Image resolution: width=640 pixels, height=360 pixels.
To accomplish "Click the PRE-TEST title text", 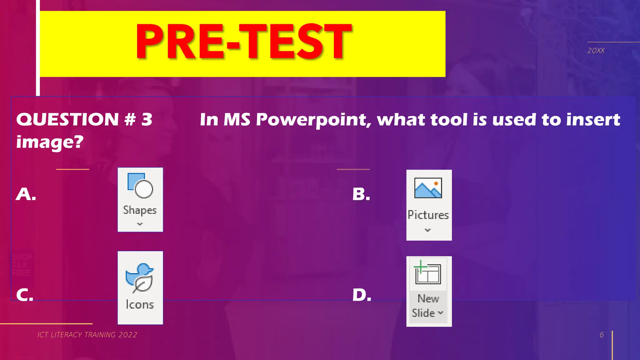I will [244, 42].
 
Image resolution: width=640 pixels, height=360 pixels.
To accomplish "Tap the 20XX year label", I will [596, 51].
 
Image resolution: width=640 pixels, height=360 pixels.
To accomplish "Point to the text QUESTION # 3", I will [84, 119].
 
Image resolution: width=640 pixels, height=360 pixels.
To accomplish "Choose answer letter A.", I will [26, 194].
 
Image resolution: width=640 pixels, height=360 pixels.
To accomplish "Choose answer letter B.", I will [361, 194].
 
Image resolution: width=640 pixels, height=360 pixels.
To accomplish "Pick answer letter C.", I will [25, 295].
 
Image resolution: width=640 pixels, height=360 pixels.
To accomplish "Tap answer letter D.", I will [362, 295].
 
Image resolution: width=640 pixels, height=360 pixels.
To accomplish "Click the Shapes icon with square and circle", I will [140, 186].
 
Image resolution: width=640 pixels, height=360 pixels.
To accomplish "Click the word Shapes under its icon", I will [140, 210].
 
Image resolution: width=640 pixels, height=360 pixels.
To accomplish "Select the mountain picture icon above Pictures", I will [428, 188].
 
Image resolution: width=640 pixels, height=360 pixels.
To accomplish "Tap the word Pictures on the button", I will [428, 215].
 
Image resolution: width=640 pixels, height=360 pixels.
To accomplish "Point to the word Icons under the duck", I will [140, 305].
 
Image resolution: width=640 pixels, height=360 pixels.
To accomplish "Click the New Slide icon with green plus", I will [427, 272].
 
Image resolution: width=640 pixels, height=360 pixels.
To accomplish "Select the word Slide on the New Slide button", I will [423, 313].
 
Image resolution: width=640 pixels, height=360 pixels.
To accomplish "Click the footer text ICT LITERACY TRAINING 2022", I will [87, 335].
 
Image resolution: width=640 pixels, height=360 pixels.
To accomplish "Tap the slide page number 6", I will [602, 335].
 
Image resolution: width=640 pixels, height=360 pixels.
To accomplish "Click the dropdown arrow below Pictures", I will [428, 230].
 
